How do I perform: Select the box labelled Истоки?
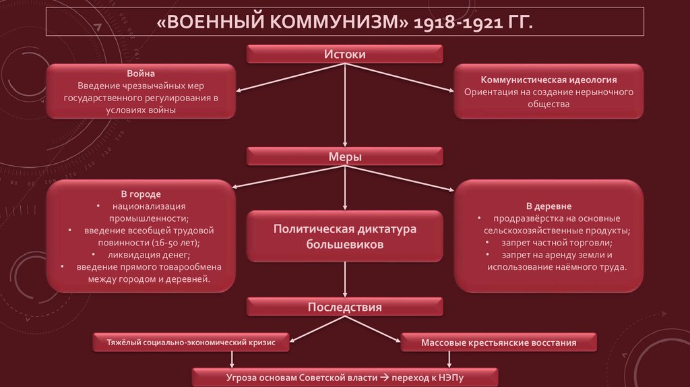[344, 54]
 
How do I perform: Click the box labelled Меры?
[344, 156]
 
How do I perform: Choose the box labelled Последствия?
[344, 307]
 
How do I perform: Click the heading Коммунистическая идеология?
[548, 80]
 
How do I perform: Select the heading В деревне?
[548, 206]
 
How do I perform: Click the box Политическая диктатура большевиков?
[344, 237]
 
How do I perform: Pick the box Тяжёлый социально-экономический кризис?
[191, 343]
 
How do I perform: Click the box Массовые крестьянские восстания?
[498, 343]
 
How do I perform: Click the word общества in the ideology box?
[548, 105]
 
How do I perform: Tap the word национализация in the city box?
[149, 206]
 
